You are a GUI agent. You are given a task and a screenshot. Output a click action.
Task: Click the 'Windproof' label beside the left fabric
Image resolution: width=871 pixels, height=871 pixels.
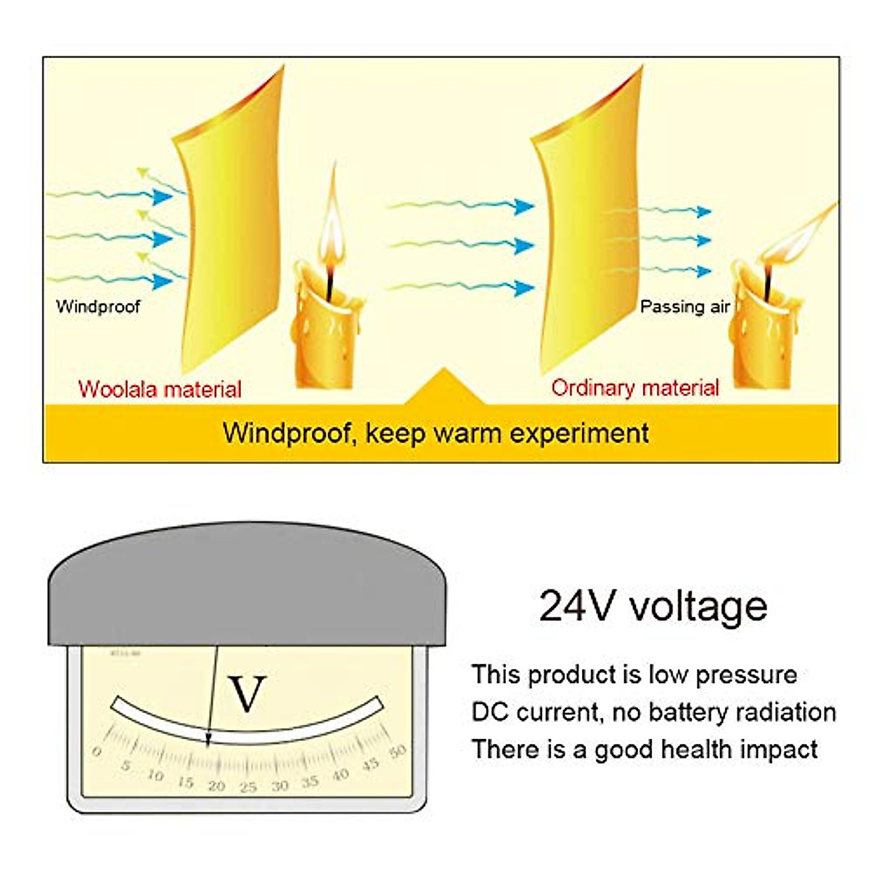pos(98,306)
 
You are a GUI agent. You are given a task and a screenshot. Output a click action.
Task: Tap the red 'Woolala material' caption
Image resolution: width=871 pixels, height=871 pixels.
pos(160,389)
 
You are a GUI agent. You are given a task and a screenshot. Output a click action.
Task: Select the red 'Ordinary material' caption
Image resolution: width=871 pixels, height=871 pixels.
pos(635,388)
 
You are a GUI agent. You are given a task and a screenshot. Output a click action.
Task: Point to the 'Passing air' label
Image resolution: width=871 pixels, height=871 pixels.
pos(684,307)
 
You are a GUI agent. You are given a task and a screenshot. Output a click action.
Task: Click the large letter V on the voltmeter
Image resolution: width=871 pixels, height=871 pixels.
pos(247,694)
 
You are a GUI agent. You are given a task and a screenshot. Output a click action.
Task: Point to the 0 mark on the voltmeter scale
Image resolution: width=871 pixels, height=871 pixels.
pos(97,752)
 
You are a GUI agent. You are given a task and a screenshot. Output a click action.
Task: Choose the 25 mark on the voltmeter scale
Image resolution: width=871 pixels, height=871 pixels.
pos(248,787)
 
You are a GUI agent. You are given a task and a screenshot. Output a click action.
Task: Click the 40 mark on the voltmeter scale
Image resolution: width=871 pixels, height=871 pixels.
pos(340,775)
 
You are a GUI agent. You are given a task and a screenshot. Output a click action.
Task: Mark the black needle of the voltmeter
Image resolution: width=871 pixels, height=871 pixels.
pos(212,697)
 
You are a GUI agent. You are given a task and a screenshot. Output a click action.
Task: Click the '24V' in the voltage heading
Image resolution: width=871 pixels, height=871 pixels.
pos(576,606)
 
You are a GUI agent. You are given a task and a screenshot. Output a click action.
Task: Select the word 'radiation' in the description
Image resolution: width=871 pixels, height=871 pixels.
pos(791,712)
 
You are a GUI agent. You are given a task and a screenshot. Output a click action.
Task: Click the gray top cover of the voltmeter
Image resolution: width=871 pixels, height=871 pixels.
pos(247,588)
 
